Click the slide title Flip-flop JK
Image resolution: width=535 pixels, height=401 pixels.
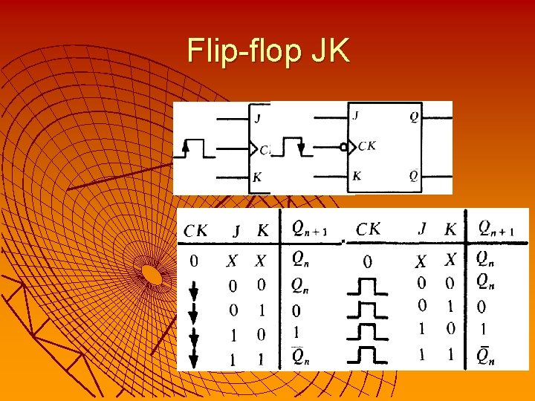[268, 51]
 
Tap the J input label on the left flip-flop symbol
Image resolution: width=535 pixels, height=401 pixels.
[257, 117]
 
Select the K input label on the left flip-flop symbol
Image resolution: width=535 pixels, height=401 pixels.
[257, 177]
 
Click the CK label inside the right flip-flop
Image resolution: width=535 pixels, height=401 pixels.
[367, 146]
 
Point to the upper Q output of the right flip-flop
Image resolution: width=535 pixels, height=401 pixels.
[414, 117]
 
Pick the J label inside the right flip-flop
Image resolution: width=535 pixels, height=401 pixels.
[356, 116]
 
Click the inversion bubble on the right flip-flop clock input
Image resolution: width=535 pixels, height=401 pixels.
[343, 147]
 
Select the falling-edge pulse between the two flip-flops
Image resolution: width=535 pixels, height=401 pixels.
[292, 147]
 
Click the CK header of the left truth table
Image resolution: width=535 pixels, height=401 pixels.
[195, 231]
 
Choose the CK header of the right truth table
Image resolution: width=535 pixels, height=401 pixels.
[369, 229]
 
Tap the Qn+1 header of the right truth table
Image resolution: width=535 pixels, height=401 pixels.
[496, 228]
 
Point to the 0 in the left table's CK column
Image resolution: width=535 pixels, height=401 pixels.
[193, 261]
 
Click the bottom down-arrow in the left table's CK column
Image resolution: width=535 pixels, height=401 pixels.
[194, 359]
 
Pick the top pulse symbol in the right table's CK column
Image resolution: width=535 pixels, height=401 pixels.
[367, 286]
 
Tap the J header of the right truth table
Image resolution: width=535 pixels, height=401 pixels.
[423, 229]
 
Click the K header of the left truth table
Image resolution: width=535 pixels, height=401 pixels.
[262, 231]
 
